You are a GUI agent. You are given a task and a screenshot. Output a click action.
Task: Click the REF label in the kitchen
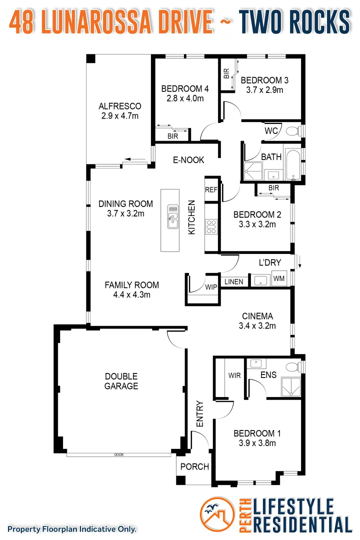tap(211, 189)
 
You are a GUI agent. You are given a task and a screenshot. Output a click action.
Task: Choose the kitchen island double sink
tap(172, 216)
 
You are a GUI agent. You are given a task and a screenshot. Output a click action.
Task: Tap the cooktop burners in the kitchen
tap(211, 227)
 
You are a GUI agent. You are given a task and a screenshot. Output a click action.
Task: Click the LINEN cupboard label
tap(233, 282)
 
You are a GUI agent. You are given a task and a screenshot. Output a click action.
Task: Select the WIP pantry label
tap(211, 287)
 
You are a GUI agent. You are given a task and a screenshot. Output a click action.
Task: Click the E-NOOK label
tap(188, 160)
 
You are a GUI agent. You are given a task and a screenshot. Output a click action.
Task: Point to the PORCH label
tap(194, 466)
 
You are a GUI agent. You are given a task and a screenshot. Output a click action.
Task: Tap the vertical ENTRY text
tap(200, 413)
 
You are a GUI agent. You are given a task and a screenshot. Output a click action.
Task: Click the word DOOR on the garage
tap(118, 455)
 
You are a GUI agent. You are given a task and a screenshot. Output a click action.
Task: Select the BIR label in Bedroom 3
tap(226, 74)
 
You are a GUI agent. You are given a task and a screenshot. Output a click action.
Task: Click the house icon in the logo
tap(216, 515)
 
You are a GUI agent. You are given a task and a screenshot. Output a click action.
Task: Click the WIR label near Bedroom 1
tap(234, 375)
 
